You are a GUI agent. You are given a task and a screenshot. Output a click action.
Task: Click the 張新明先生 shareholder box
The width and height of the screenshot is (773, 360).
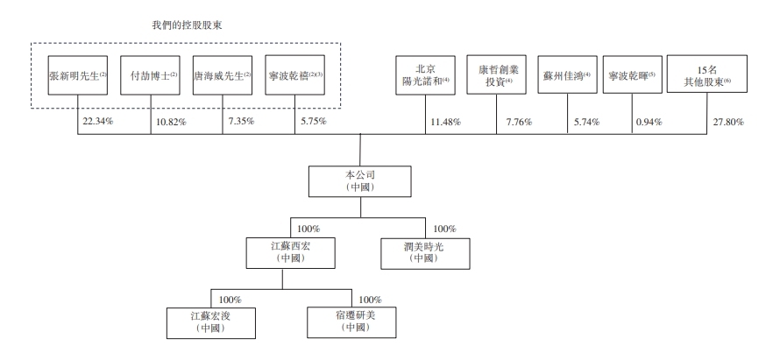tap(78, 74)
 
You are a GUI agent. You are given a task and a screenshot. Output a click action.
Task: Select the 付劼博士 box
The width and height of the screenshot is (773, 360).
tap(151, 74)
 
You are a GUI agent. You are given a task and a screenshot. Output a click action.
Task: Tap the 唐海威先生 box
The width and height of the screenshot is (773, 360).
tap(223, 74)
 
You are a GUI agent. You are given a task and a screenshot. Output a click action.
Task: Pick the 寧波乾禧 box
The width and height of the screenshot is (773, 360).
tap(294, 74)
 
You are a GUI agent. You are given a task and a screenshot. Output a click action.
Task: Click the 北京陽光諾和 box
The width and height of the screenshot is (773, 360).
tap(425, 74)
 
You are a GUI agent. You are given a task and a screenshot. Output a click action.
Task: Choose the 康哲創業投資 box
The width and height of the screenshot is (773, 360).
tap(496, 74)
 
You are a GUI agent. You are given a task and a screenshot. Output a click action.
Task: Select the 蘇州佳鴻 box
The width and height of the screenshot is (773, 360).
tap(567, 74)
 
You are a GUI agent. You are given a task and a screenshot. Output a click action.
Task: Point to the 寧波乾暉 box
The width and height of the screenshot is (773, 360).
tap(633, 74)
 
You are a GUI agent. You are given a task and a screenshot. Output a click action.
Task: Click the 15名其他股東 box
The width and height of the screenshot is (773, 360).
tap(707, 74)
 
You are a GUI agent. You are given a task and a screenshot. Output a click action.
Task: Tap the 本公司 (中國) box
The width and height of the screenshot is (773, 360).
tap(360, 181)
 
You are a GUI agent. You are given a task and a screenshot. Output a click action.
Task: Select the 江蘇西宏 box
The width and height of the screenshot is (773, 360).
tap(291, 253)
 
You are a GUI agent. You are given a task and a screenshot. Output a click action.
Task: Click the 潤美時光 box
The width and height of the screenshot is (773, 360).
tap(425, 254)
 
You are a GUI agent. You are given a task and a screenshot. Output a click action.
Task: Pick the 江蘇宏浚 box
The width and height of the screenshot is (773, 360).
tap(211, 323)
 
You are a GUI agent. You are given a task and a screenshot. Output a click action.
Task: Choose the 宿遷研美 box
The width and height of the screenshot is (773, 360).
tap(351, 322)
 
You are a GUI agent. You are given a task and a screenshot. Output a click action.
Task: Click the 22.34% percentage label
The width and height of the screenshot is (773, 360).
tap(97, 121)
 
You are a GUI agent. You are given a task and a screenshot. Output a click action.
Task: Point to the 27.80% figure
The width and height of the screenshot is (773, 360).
tap(728, 122)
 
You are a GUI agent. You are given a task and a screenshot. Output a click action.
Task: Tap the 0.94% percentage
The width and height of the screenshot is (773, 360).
tap(649, 122)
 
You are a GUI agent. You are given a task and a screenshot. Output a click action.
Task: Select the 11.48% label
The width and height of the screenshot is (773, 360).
tap(445, 122)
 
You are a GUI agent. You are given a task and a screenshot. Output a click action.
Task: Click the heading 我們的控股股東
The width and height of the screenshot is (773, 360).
tap(187, 25)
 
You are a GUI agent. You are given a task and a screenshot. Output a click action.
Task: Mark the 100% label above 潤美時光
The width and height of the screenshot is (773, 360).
tap(444, 229)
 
